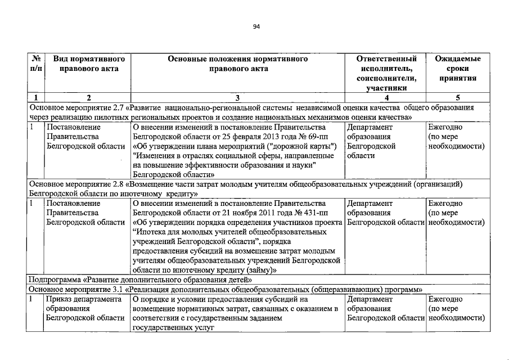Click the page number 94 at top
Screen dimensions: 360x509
click(256, 26)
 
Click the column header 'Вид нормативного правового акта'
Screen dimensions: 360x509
click(84, 64)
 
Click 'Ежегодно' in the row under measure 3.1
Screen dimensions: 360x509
click(445, 299)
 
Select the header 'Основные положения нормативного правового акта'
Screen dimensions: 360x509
click(237, 64)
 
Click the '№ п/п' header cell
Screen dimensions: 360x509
click(35, 64)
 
